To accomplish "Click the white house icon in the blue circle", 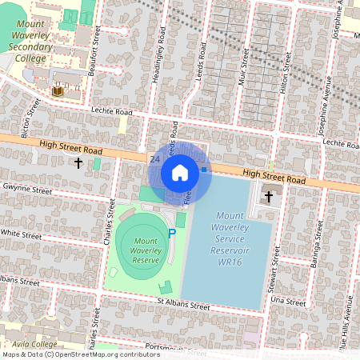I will pyautogui.click(x=180, y=173).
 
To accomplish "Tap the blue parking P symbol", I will pyautogui.click(x=171, y=234).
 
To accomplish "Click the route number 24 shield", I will pyautogui.click(x=154, y=159).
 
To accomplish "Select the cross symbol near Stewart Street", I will pyautogui.click(x=268, y=194).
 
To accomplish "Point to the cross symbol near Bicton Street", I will pyautogui.click(x=78, y=163).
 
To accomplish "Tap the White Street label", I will pyautogui.click(x=21, y=235).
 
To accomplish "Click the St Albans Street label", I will pyautogui.click(x=183, y=305).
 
